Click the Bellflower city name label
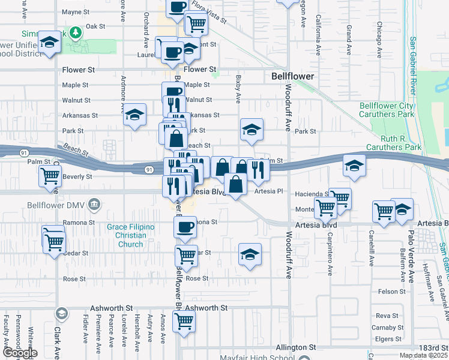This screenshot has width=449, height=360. (292, 77)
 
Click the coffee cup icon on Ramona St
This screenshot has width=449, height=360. (185, 227)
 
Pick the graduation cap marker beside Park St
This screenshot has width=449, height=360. (252, 129)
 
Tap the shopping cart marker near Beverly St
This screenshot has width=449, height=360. (50, 176)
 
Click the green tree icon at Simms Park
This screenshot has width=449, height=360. (75, 32)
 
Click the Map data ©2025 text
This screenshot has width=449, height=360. (424, 355)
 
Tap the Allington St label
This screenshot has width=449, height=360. (295, 347)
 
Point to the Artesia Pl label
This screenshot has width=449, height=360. (268, 191)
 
